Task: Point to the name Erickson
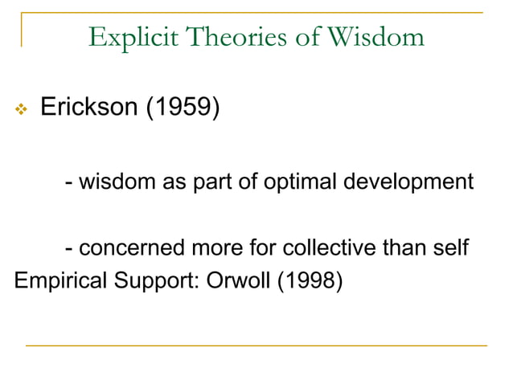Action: (88, 108)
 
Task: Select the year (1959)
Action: (182, 108)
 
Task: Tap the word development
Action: (408, 183)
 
